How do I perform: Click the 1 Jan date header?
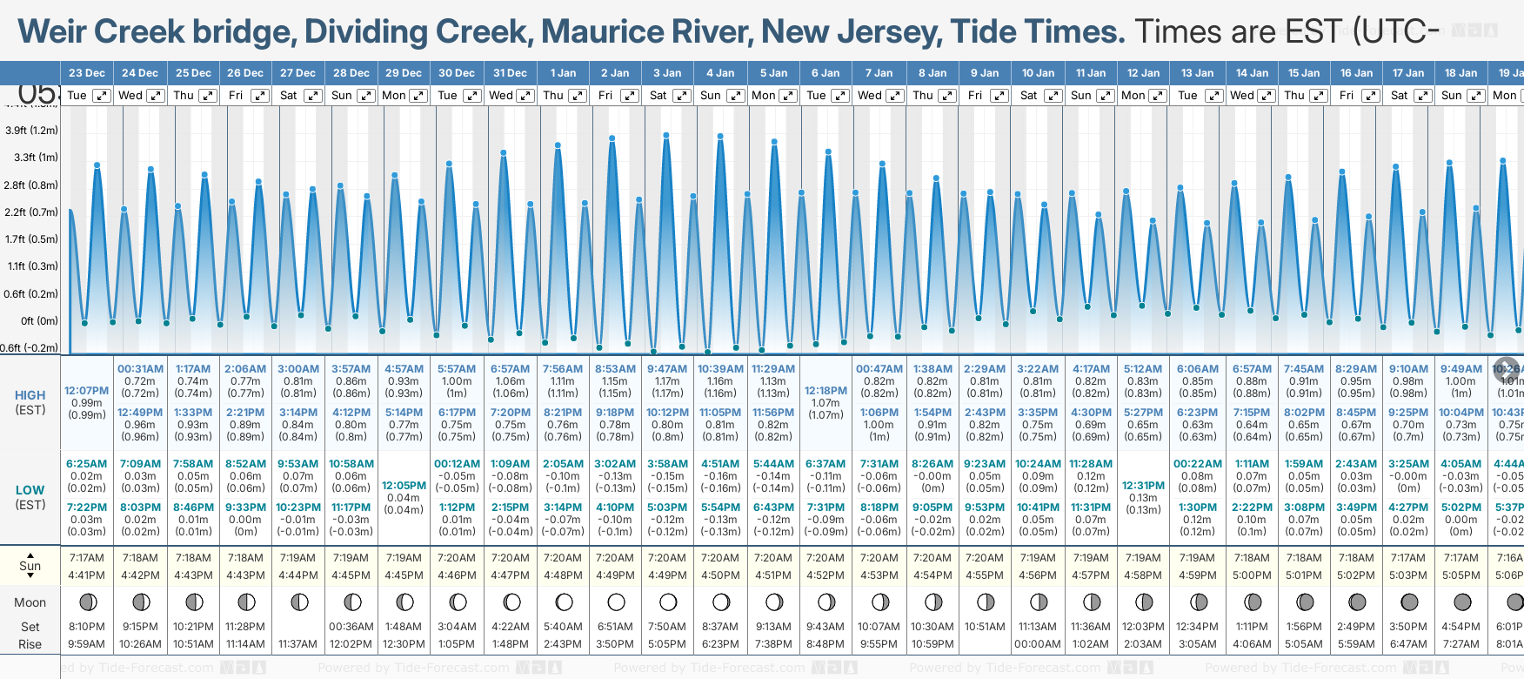point(563,73)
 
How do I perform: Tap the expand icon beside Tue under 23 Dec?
point(102,96)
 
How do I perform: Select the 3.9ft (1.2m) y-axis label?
point(31,131)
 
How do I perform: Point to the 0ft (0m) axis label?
point(39,321)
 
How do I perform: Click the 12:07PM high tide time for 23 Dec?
point(86,391)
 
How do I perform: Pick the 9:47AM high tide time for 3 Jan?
point(667,369)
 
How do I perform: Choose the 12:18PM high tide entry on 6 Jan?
point(825,391)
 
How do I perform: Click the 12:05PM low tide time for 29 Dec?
point(404,486)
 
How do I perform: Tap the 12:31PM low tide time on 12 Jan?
point(1143,486)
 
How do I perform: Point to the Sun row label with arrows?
point(30,566)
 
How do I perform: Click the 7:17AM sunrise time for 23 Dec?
point(86,558)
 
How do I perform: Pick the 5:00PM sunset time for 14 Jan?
point(1252,575)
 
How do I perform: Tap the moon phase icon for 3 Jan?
point(668,602)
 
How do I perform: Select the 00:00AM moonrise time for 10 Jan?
point(1037,644)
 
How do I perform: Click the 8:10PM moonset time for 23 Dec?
point(86,627)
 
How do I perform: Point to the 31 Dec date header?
point(510,73)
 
